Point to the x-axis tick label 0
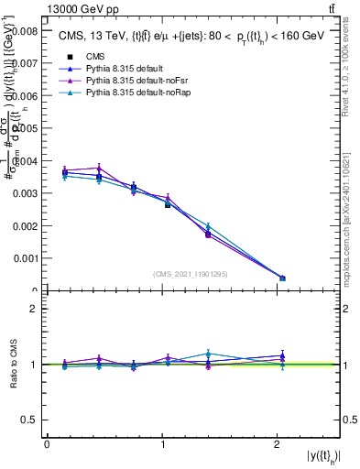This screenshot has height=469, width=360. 47,445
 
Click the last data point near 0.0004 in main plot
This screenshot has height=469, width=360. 282,278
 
